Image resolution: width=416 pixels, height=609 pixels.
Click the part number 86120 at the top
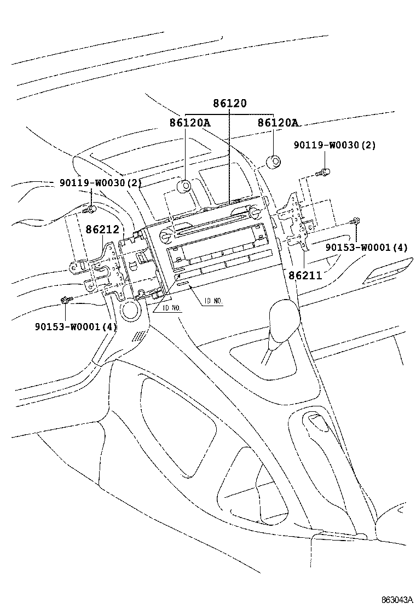pyautogui.click(x=230, y=104)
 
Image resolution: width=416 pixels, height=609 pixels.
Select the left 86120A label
pyautogui.click(x=189, y=123)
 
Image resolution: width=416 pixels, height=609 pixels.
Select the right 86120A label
pyautogui.click(x=278, y=123)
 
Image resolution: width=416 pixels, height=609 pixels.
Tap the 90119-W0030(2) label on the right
pyautogui.click(x=334, y=145)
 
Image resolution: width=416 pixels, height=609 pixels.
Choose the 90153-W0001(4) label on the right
pyautogui.click(x=366, y=248)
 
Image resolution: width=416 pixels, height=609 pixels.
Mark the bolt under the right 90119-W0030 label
pyautogui.click(x=325, y=173)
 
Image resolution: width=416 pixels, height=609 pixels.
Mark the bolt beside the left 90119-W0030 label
pyautogui.click(x=90, y=209)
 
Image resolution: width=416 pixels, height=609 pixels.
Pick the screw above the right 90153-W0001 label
pyautogui.click(x=356, y=222)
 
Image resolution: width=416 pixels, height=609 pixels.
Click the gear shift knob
pyautogui.click(x=284, y=321)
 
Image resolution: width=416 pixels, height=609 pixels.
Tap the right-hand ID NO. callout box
pyautogui.click(x=213, y=300)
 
